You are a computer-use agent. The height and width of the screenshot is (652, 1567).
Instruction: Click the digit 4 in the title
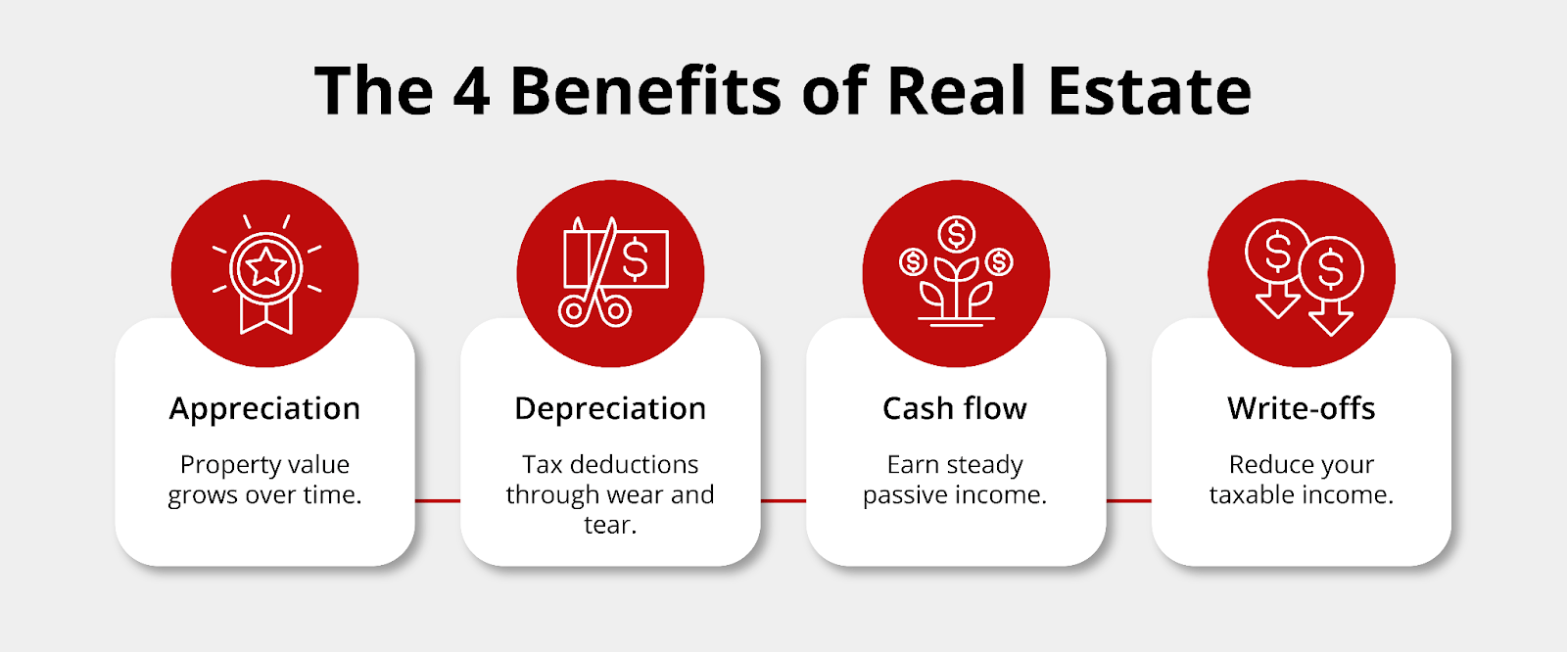[x=471, y=91]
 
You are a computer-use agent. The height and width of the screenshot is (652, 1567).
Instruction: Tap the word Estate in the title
[x=1150, y=91]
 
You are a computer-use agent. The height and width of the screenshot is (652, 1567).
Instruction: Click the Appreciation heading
[x=264, y=409]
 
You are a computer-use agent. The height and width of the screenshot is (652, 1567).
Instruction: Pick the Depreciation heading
[x=610, y=409]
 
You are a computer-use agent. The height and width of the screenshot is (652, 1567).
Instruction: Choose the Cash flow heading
[x=955, y=408]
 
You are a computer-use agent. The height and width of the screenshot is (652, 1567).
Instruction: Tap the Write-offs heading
[x=1302, y=408]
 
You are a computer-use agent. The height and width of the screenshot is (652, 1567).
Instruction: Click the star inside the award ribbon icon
[x=265, y=267]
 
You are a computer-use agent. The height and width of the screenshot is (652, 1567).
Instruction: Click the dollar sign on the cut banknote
[x=636, y=257]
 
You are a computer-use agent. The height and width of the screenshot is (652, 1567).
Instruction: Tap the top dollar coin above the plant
[x=956, y=234]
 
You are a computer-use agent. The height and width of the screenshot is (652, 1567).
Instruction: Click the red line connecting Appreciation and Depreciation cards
[x=438, y=501]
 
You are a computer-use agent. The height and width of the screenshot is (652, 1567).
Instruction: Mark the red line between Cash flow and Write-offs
[x=1129, y=501]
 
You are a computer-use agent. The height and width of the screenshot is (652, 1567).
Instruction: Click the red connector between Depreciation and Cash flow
[x=783, y=501]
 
